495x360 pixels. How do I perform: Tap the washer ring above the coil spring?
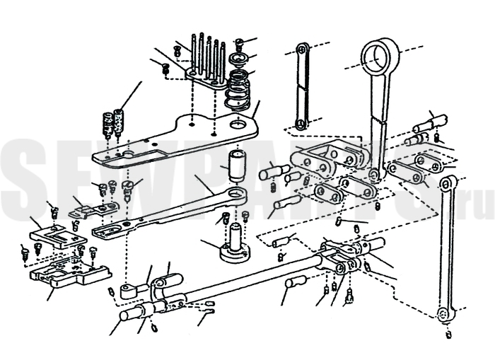(239, 59)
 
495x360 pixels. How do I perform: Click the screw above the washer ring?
(240, 44)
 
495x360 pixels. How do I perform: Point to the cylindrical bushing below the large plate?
(237, 166)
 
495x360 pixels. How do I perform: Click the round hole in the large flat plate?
(238, 124)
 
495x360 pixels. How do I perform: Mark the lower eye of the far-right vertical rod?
(445, 315)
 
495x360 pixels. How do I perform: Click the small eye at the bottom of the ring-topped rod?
(375, 175)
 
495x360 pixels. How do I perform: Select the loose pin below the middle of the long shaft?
(295, 281)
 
